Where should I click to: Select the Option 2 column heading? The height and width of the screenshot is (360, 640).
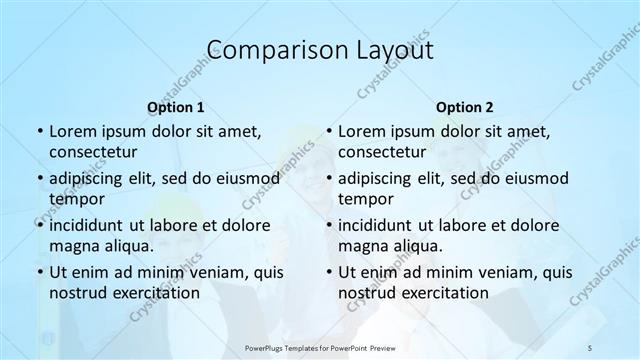click(464, 106)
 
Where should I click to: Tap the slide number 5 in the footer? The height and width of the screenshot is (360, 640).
click(589, 345)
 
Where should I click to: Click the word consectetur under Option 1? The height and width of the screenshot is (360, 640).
click(93, 152)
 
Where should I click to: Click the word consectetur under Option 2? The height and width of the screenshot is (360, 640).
click(382, 152)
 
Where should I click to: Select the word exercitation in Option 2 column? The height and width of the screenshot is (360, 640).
click(441, 293)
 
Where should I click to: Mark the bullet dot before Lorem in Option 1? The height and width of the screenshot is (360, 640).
click(38, 131)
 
